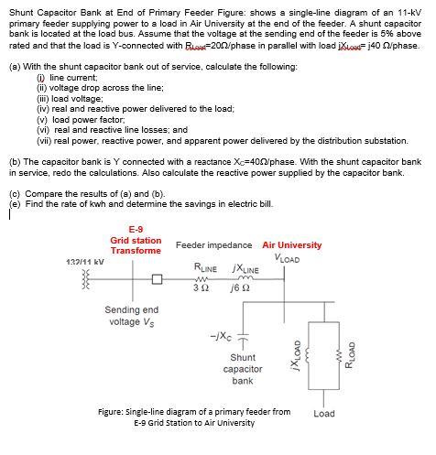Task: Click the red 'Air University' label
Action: (291, 245)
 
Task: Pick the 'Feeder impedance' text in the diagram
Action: (213, 245)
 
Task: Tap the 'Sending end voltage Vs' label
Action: (133, 316)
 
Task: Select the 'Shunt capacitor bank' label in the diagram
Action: (242, 369)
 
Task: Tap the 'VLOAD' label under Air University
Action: (286, 259)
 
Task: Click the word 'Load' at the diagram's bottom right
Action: (323, 414)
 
